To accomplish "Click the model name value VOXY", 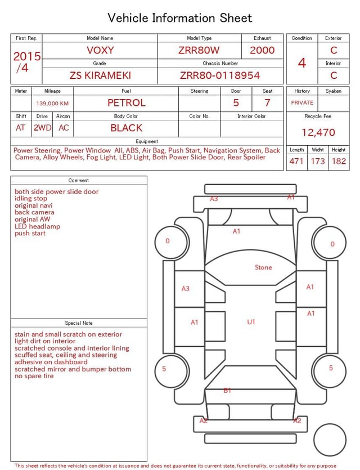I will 100,50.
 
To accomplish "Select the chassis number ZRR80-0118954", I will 220,75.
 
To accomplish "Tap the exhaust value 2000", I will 262,50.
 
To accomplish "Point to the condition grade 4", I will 302,62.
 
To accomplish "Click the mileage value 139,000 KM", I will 52,104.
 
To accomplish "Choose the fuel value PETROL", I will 126,103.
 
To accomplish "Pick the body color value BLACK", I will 126,128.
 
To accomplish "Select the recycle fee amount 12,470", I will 318,133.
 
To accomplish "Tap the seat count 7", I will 267,103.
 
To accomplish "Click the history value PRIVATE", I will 302,103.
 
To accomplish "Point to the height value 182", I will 339,162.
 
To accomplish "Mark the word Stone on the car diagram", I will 263,267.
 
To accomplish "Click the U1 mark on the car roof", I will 251,322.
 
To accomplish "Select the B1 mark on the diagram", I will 227,391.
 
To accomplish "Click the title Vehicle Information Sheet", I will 180,18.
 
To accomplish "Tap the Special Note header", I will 79,323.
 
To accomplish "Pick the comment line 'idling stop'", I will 31,199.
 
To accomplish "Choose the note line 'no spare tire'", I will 34,376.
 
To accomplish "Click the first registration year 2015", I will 27,56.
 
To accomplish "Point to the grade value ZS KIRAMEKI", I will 100,75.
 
